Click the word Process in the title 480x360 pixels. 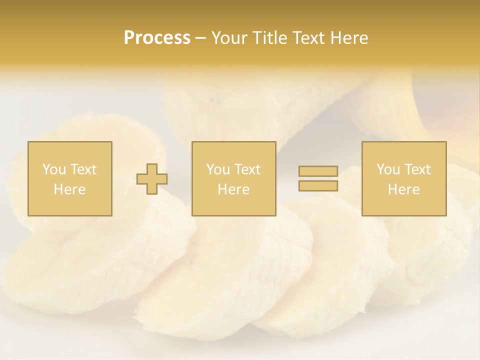(x=157, y=38)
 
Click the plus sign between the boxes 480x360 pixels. (x=152, y=179)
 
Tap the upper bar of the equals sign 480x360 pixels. (x=318, y=171)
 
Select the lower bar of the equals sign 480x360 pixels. (x=318, y=185)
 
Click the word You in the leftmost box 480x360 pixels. (x=54, y=169)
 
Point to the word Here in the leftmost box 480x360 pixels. (x=69, y=189)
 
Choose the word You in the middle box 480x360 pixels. (x=218, y=169)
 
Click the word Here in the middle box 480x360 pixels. (x=233, y=189)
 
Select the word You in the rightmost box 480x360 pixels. (x=388, y=169)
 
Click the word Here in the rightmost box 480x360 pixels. (x=403, y=189)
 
